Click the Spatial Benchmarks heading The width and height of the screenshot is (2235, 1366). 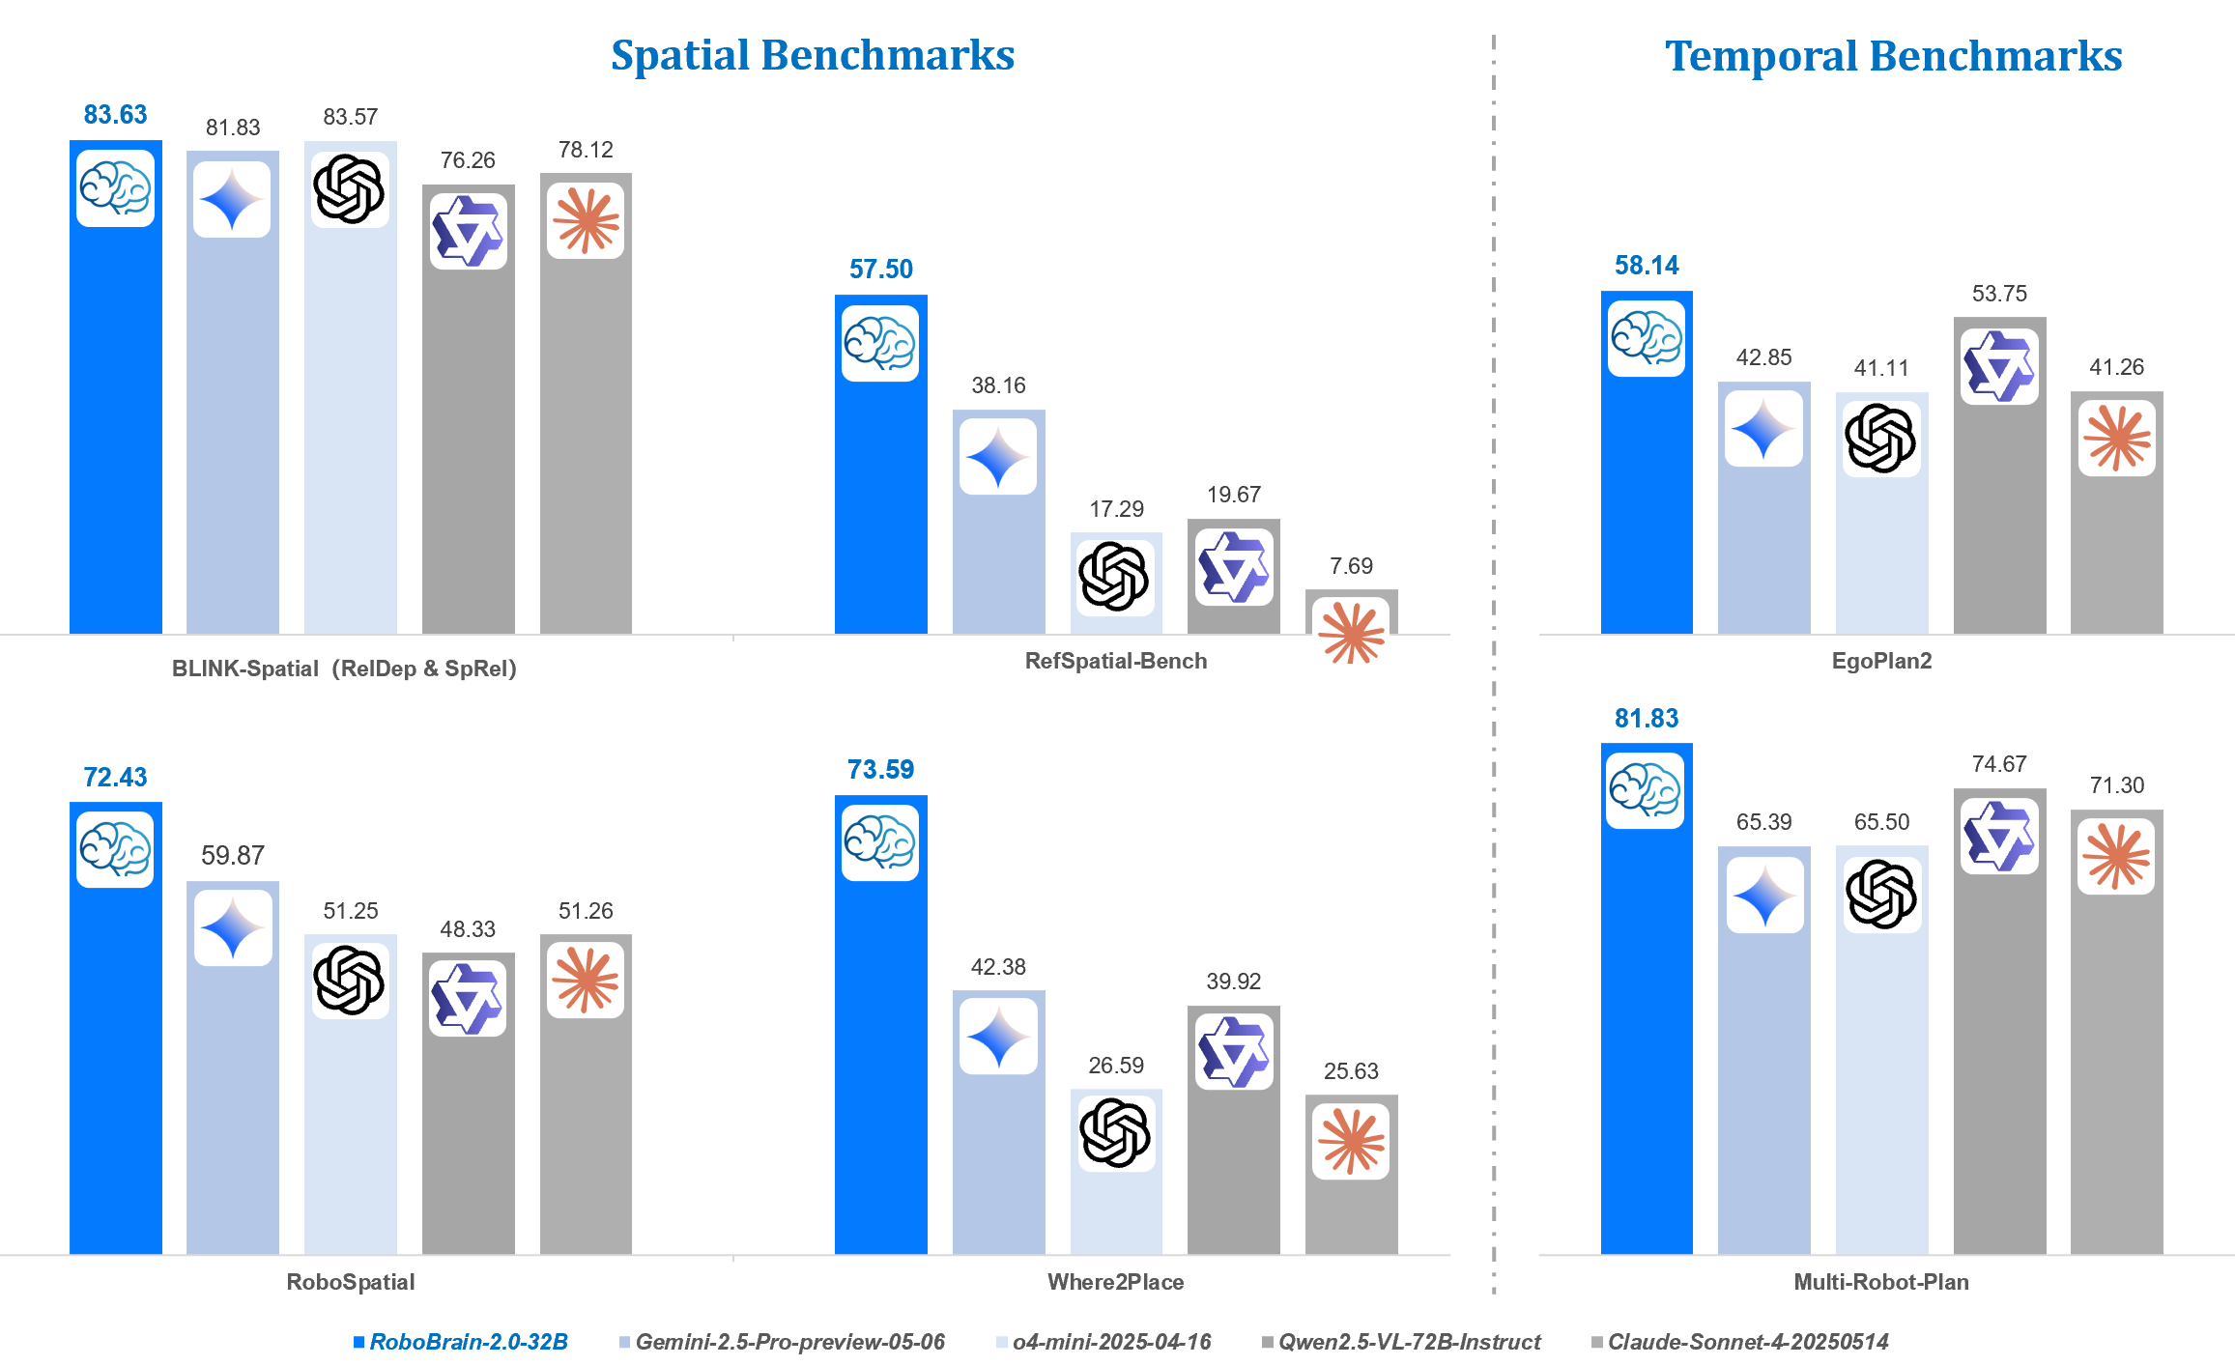coord(813,55)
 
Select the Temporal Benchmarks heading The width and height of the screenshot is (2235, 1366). coord(1893,56)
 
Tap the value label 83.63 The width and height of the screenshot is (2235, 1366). coord(115,115)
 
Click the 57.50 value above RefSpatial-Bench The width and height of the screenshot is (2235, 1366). coord(880,270)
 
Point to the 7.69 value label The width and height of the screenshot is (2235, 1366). coord(1351,566)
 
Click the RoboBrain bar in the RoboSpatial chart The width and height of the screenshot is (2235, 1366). coord(115,1063)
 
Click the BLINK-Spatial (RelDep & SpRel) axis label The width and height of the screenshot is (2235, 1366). coord(344,669)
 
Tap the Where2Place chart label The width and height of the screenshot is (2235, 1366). coord(1115,1282)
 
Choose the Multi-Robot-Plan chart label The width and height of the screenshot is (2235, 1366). coord(1880,1282)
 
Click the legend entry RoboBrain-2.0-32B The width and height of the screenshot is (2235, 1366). coord(469,1342)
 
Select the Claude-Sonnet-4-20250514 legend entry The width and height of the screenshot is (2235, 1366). coord(1747,1342)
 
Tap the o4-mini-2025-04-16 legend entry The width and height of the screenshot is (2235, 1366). coord(1111,1342)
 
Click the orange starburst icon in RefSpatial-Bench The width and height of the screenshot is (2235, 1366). coord(1351,634)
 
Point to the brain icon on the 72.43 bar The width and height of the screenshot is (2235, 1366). coord(115,849)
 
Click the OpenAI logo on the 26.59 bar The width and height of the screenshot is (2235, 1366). coord(1115,1132)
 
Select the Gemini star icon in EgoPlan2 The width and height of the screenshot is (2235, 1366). coord(1763,429)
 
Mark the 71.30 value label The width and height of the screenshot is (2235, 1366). coord(2116,785)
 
